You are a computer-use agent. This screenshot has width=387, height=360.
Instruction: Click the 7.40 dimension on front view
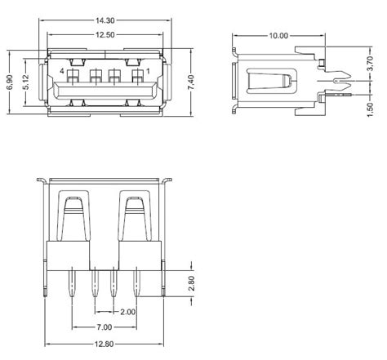190,82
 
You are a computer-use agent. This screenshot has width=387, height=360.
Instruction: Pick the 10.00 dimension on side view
278,35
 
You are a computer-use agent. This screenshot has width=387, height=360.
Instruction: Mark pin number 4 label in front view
62,72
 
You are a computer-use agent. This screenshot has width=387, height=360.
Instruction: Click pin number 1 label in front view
148,72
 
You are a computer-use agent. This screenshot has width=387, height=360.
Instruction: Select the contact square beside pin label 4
73,78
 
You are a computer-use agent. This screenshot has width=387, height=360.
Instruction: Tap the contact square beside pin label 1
136,78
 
